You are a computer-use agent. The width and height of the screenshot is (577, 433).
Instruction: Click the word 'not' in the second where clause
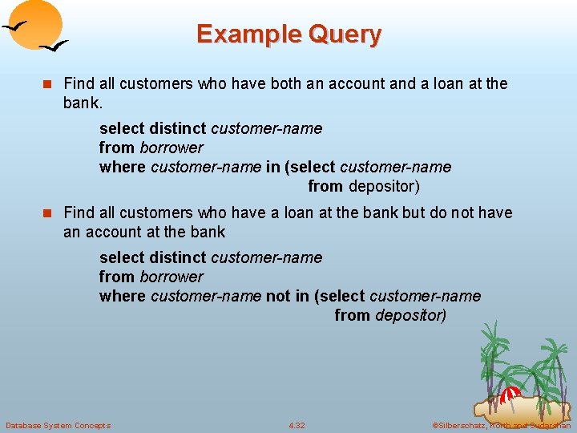[278, 296]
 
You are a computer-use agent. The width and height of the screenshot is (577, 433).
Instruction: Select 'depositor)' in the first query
[384, 186]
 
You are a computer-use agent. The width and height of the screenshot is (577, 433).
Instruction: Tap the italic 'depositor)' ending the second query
[410, 315]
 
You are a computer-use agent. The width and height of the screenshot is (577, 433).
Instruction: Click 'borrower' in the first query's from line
[171, 148]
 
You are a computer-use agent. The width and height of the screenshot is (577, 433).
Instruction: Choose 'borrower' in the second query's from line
[171, 277]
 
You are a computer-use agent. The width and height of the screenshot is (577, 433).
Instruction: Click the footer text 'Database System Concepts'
[58, 425]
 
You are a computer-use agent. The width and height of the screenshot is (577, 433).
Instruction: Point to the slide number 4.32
[297, 425]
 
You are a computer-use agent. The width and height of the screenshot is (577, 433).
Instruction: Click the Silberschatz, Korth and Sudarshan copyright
[501, 425]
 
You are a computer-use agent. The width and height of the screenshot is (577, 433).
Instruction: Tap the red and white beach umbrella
[510, 395]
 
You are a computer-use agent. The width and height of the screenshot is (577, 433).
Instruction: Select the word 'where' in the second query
[122, 296]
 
